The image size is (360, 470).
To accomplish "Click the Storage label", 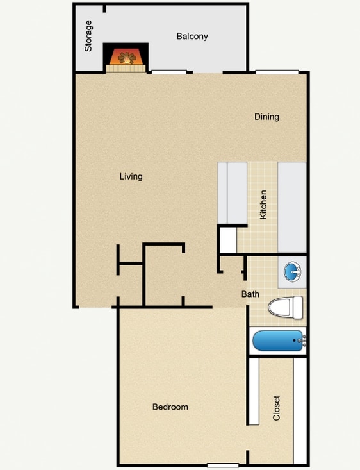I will click(x=89, y=36).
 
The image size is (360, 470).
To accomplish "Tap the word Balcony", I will click(x=192, y=37).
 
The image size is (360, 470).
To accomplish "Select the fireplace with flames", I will click(x=126, y=56).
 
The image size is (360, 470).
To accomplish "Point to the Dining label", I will click(x=266, y=117).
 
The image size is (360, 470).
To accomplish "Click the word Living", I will click(x=131, y=176).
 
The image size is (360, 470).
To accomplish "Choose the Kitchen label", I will click(x=263, y=205).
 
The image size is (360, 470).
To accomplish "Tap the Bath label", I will click(x=250, y=294).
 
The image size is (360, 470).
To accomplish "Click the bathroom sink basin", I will click(x=293, y=271).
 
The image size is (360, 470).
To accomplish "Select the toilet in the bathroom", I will click(x=285, y=308).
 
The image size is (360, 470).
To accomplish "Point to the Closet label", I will click(x=277, y=407).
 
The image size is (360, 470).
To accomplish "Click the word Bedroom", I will click(x=170, y=407).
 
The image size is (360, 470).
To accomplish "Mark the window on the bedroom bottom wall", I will click(x=223, y=465).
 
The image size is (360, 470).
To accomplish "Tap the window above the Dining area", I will click(x=277, y=72).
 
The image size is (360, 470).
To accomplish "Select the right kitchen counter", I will click(x=292, y=206).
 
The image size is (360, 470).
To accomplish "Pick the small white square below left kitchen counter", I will click(x=227, y=240).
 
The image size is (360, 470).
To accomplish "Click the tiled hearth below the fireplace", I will click(x=126, y=69).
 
